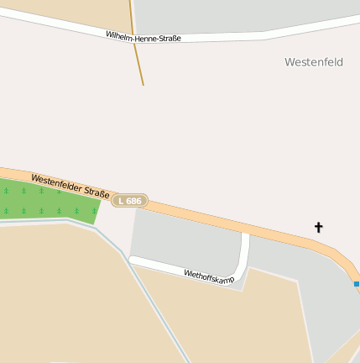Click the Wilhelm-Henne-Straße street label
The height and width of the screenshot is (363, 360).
143,37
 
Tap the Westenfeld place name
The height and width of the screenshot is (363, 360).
314,62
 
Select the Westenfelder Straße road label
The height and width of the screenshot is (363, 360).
70,187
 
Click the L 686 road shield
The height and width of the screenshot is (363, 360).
130,201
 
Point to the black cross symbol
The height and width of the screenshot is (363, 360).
319,227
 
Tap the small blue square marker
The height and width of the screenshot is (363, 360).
357,284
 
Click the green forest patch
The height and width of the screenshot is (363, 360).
46,202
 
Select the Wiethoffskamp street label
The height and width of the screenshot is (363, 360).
209,276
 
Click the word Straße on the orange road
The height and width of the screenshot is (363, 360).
96,193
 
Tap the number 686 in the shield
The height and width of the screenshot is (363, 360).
134,201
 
